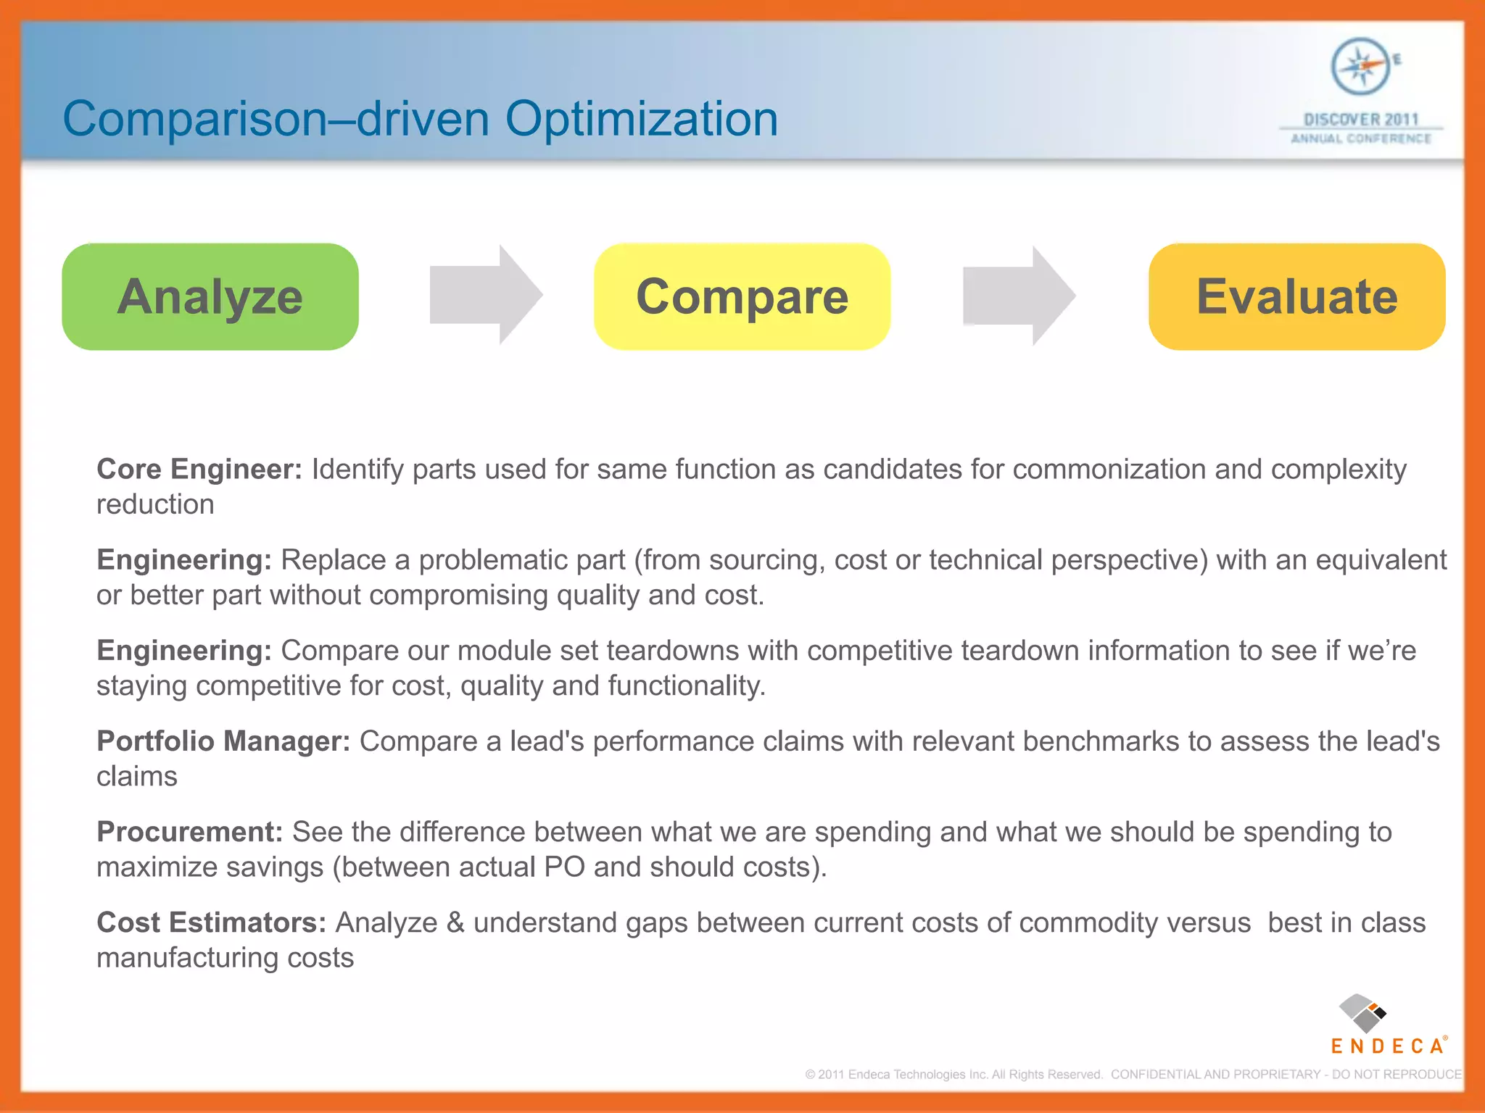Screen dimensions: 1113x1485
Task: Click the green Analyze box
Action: tap(210, 297)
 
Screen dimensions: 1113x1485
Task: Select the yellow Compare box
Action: tap(742, 297)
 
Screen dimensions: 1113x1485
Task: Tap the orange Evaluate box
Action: tap(1296, 297)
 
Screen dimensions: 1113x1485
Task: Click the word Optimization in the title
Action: tap(641, 119)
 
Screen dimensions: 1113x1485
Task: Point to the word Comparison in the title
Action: tap(194, 119)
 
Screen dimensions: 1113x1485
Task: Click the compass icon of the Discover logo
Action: tap(1361, 67)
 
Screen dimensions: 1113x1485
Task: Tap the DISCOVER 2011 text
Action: tap(1361, 120)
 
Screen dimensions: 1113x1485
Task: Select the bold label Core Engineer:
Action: tap(199, 470)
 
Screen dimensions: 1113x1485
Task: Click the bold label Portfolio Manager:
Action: tap(223, 741)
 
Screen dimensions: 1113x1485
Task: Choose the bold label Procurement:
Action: tap(189, 832)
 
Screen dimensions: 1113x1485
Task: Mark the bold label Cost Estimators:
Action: tap(211, 922)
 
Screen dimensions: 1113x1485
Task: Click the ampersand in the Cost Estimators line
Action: tap(455, 922)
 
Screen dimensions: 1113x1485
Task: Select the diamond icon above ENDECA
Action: tap(1362, 1013)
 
